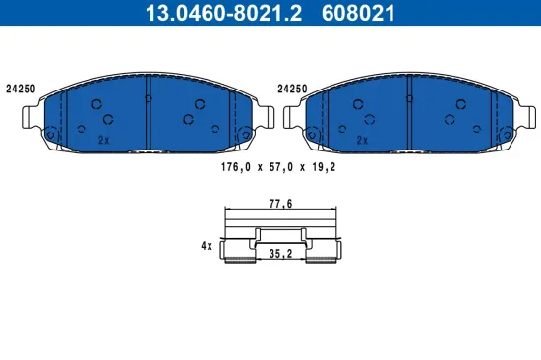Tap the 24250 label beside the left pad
(21, 88)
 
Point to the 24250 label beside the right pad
(293, 88)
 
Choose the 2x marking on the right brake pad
(362, 141)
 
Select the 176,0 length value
(233, 168)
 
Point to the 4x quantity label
(206, 246)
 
